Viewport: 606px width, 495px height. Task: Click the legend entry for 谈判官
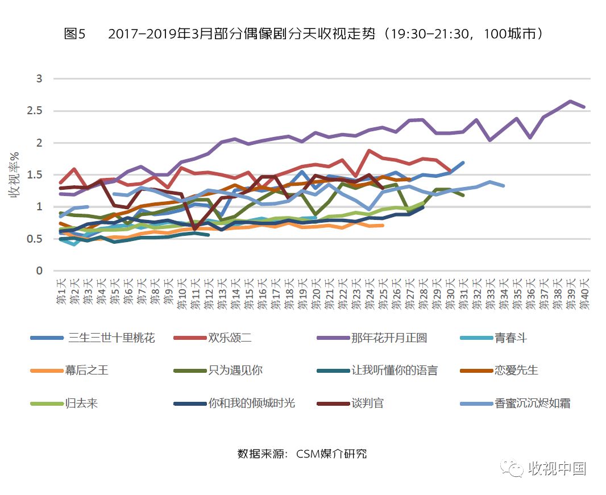click(x=367, y=404)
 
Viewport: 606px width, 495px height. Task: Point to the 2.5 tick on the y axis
click(x=35, y=111)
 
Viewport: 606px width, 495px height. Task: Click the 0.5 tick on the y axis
click(x=35, y=239)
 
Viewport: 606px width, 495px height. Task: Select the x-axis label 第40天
click(x=584, y=293)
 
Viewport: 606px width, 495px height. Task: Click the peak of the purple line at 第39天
click(x=570, y=101)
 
